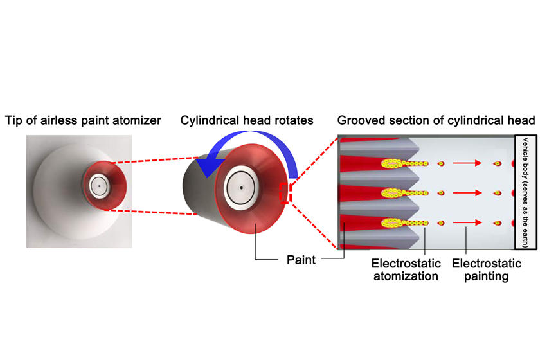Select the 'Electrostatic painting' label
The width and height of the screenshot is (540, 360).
482,270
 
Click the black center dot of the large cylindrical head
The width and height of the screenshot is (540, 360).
242,188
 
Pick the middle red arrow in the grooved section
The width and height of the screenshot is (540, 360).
467,192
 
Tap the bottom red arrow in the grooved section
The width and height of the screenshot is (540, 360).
467,223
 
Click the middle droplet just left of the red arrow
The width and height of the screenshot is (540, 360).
441,192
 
